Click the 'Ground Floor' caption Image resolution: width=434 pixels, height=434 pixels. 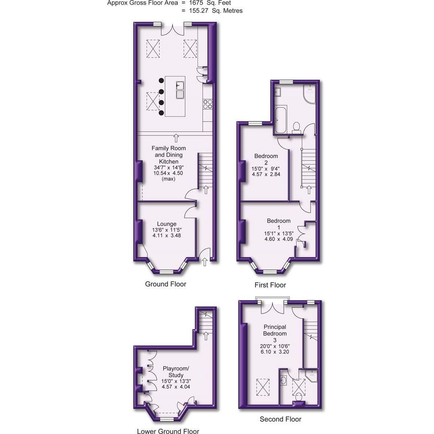[166, 284]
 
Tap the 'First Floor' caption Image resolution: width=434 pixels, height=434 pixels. [270, 285]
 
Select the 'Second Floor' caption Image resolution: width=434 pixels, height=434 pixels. [280, 419]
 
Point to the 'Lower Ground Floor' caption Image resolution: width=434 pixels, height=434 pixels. [168, 431]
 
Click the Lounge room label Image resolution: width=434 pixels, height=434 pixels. [166, 224]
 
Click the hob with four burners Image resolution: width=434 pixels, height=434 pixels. [207, 104]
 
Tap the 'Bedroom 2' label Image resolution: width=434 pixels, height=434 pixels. [266, 159]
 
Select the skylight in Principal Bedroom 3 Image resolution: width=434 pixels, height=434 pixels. [263, 387]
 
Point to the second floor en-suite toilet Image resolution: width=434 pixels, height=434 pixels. [299, 397]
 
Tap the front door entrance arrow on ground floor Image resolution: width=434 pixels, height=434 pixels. [204, 262]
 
